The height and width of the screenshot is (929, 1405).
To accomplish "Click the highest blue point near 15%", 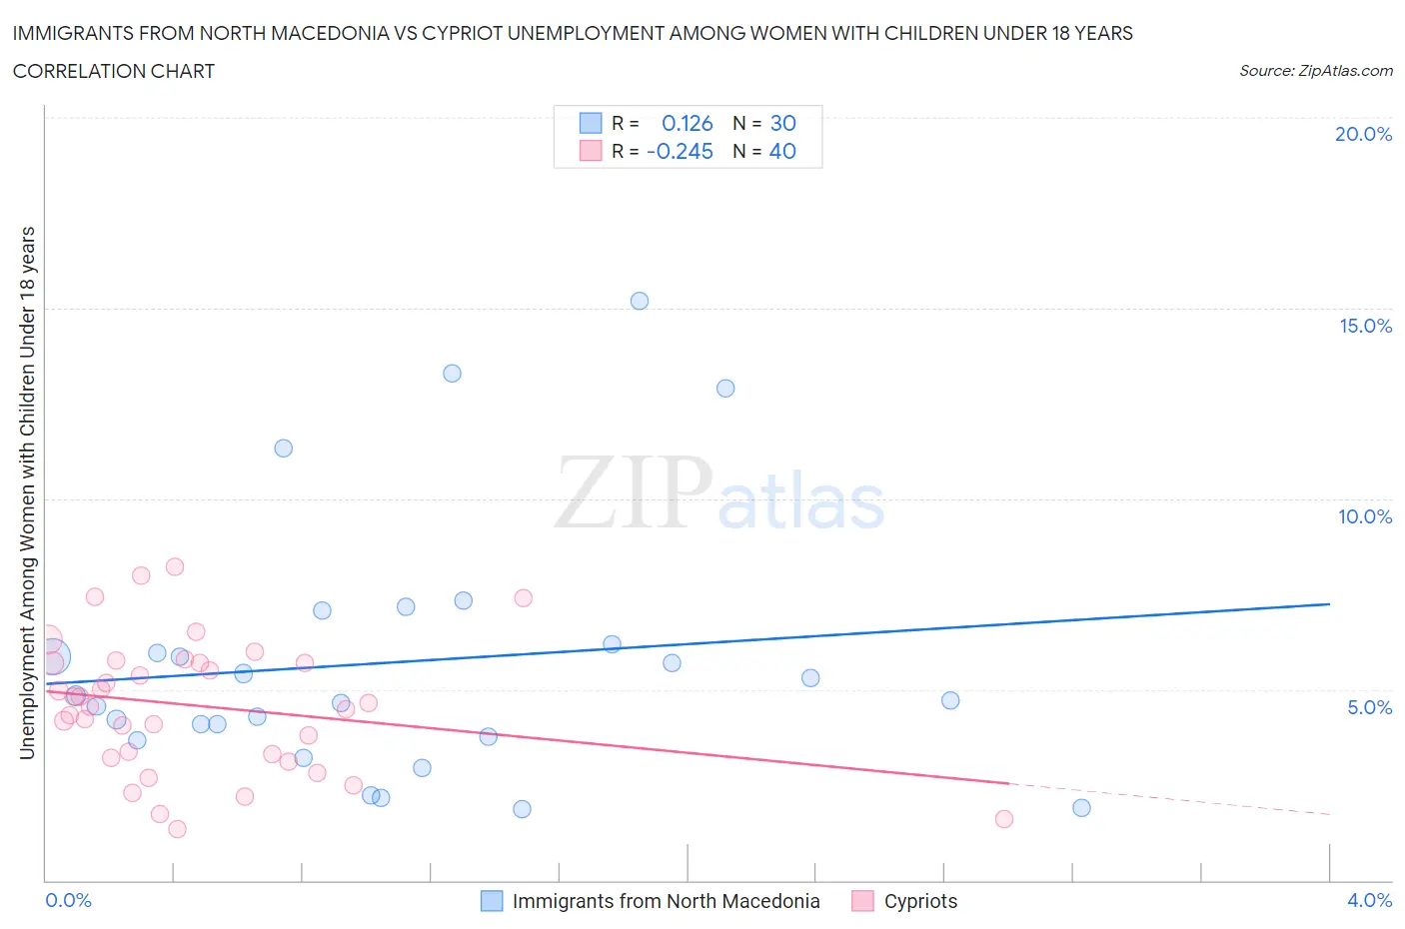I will [640, 301].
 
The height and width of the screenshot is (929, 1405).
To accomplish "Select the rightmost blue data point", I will [1081, 807].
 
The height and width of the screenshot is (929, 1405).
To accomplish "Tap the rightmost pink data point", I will [1004, 819].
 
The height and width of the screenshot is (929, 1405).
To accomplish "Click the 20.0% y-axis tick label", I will [1363, 134].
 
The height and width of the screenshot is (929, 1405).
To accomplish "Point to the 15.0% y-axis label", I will [1365, 326].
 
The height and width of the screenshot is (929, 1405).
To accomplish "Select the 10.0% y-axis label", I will [1365, 516].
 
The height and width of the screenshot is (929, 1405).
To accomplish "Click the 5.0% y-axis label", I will [1369, 707].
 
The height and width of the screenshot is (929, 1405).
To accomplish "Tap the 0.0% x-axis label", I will [69, 900].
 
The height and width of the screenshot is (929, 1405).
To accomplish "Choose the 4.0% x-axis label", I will [1369, 900].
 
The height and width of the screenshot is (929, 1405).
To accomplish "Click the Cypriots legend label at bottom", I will [920, 901].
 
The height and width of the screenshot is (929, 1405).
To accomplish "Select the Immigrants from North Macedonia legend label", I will [666, 901].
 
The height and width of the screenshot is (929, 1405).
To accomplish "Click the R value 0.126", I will [688, 123].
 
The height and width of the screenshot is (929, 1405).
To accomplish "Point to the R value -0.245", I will [681, 151].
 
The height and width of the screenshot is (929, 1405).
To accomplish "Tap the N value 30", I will [782, 123].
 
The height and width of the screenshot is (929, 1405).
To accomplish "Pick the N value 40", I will [782, 151].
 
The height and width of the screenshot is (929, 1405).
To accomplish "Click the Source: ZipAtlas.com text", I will [1315, 70].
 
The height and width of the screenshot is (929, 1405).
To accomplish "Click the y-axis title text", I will [27, 492].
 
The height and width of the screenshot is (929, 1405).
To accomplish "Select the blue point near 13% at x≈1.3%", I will [452, 374].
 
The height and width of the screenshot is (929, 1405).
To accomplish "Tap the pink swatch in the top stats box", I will [591, 151].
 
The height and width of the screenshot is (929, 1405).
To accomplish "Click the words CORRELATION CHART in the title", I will [114, 71].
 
